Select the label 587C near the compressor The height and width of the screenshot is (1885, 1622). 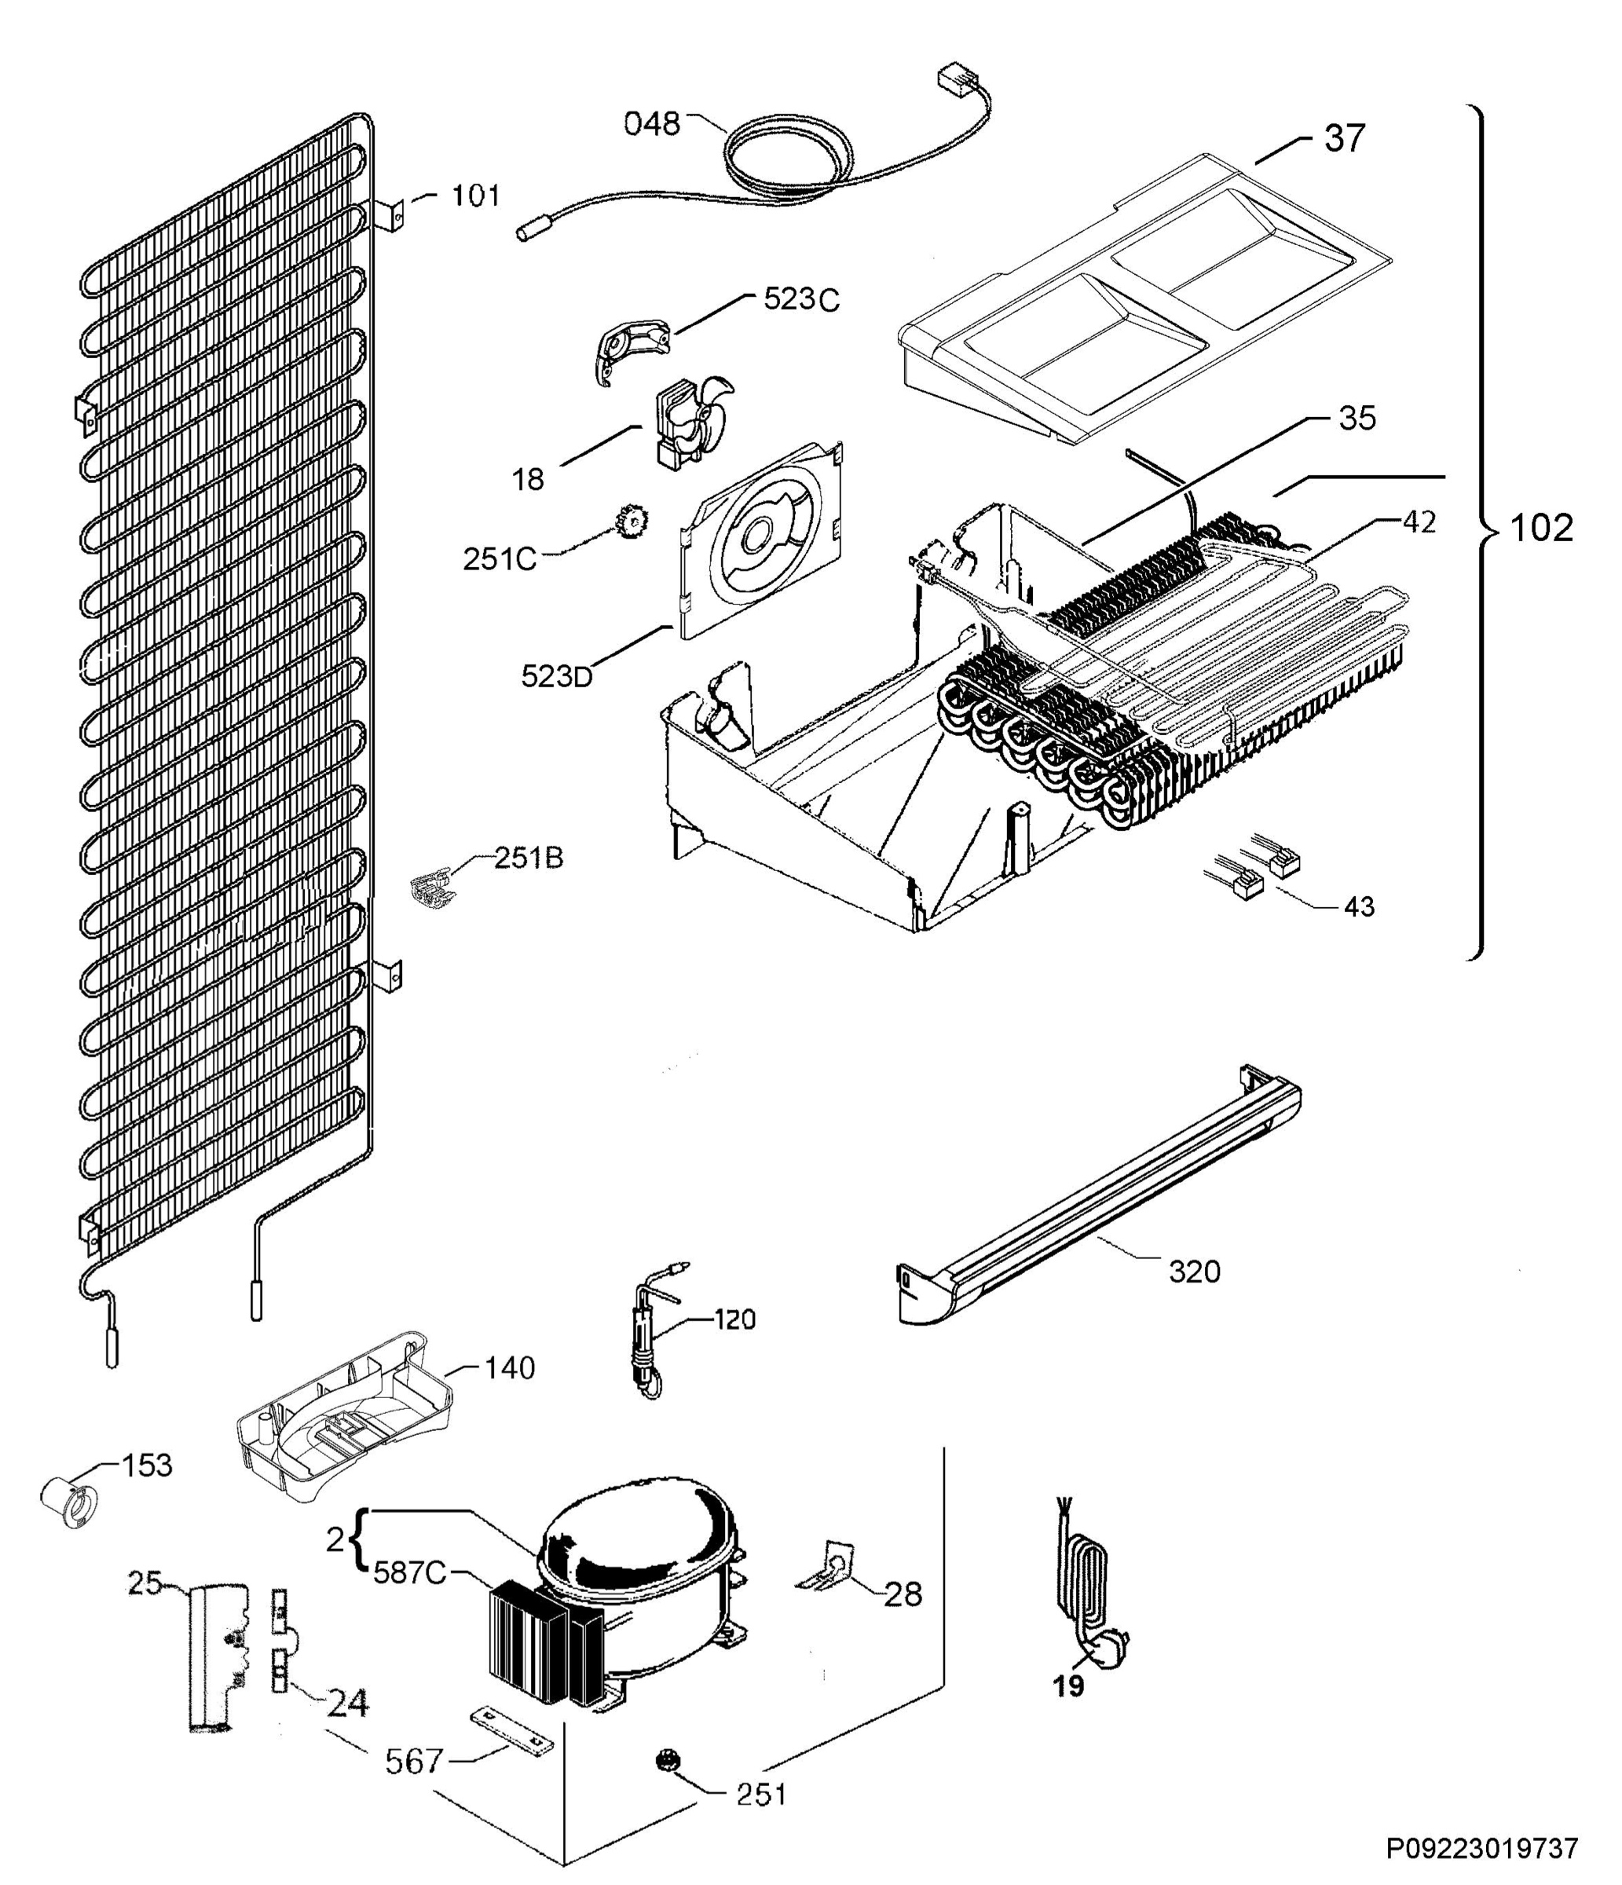point(409,1572)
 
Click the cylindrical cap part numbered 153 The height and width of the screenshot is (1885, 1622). point(69,1501)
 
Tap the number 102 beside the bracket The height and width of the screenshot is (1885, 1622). point(1541,528)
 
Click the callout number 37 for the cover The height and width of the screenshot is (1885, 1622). point(1345,138)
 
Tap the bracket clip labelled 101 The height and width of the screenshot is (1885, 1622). point(393,216)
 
